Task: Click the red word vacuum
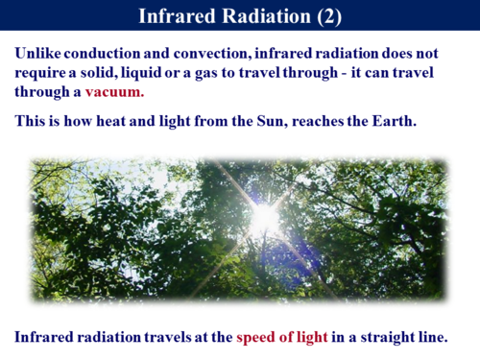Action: coord(116,93)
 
